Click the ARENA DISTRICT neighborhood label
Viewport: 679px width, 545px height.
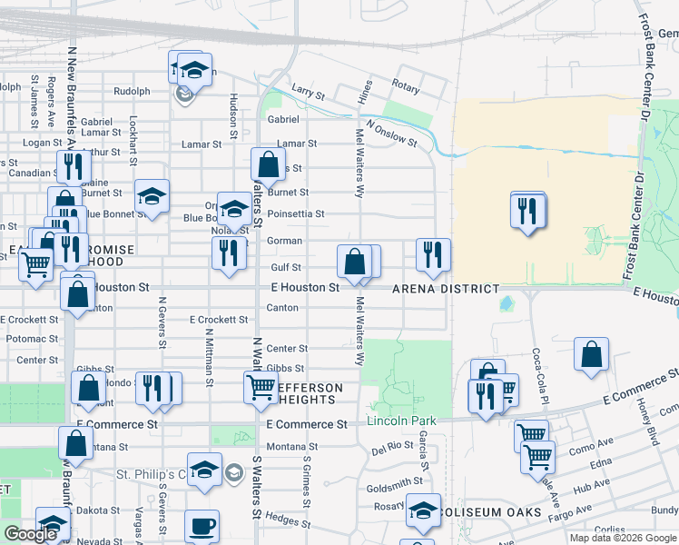pos(446,289)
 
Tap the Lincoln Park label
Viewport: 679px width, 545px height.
pos(401,421)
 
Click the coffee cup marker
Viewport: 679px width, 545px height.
pos(202,525)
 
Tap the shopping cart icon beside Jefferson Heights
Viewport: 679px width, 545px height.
pos(261,387)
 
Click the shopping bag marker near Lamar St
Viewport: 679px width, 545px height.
pos(268,165)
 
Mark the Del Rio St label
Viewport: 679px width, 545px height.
pos(392,447)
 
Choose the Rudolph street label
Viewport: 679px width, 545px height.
pos(132,92)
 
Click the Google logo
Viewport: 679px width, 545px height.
pos(30,534)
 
